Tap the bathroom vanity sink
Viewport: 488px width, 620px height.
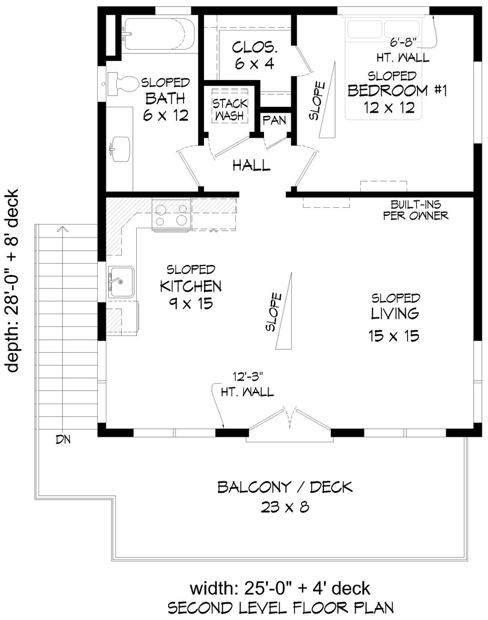click(x=120, y=148)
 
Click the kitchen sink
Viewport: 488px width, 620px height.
click(x=121, y=282)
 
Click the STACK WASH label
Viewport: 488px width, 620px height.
click(x=230, y=109)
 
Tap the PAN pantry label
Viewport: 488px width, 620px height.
click(x=274, y=120)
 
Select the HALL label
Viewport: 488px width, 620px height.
click(x=251, y=165)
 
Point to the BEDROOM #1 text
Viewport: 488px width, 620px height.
click(x=396, y=91)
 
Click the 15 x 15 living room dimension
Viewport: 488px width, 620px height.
click(x=394, y=336)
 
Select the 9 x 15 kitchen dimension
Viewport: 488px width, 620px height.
click(x=190, y=304)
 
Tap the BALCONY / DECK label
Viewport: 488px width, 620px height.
click(x=285, y=487)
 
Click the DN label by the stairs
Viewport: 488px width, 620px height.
click(x=63, y=439)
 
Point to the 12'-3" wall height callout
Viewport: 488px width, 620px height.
click(x=246, y=384)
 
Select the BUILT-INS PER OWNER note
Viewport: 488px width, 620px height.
click(x=416, y=210)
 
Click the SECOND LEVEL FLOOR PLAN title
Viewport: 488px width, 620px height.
click(x=281, y=607)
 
